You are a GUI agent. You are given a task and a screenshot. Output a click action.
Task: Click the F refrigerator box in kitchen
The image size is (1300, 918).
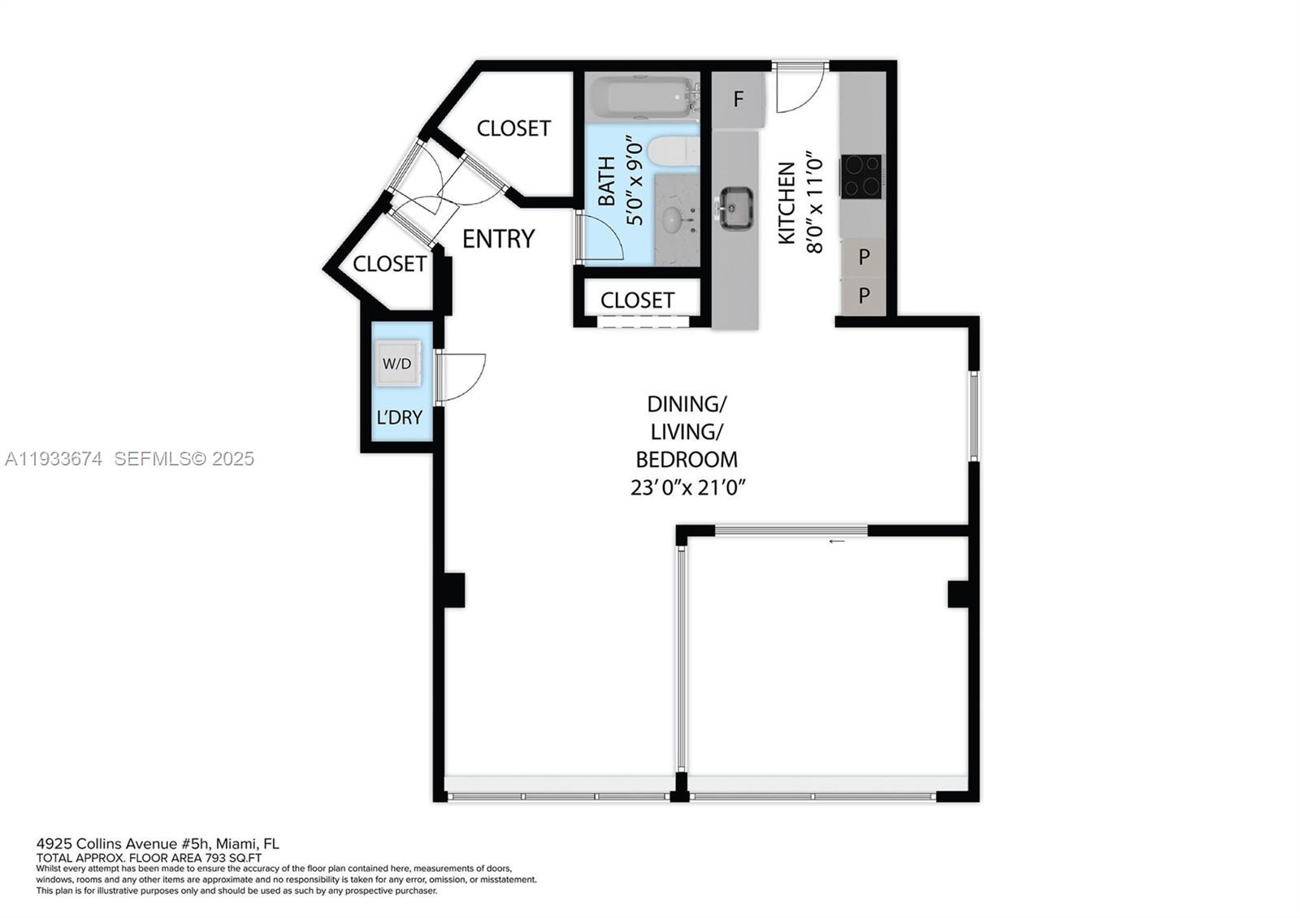point(738,99)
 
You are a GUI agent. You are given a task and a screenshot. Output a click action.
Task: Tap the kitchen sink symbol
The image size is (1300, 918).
point(734,207)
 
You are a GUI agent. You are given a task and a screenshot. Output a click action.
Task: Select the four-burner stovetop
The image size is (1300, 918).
point(861,175)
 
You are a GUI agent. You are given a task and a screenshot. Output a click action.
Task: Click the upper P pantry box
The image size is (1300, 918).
point(864,257)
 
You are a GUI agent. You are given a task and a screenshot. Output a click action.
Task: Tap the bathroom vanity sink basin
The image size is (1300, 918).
point(674,218)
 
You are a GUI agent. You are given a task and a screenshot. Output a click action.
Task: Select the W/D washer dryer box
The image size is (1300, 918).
point(396,363)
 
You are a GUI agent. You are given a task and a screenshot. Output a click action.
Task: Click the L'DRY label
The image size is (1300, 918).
point(399,418)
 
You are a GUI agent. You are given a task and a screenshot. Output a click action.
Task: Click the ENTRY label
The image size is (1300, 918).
point(498,239)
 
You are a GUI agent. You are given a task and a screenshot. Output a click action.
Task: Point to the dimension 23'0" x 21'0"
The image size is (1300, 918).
point(687,488)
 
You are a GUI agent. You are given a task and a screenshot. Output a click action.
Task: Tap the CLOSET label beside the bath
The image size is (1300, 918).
point(513,128)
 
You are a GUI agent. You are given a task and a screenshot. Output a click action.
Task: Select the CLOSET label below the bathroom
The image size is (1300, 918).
point(637,300)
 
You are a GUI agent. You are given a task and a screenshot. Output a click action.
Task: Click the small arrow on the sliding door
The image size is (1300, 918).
point(836,541)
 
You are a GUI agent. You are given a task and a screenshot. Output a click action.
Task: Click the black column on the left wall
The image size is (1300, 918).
point(452,590)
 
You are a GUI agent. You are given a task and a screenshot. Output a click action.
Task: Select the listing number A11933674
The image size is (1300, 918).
point(54,459)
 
